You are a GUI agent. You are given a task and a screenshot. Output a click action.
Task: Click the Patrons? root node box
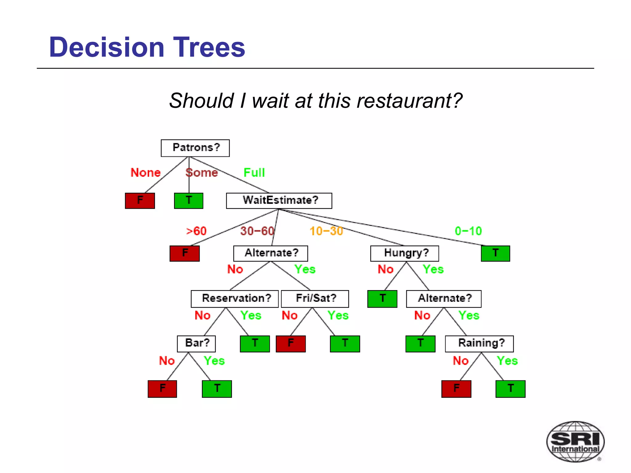pos(195,148)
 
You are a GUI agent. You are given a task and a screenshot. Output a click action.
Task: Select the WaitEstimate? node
pos(279,200)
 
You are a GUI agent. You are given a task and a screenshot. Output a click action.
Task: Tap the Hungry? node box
pos(404,253)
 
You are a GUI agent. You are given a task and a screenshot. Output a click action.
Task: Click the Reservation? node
pos(234,298)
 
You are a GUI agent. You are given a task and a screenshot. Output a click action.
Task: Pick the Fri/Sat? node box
pos(315,298)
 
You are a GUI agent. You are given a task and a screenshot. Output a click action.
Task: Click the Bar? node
pos(196,343)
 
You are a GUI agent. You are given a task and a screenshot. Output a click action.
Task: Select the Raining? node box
pos(479,343)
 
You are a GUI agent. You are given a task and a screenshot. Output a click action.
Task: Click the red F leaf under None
pos(140,200)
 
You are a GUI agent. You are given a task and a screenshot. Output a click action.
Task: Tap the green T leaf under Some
pos(189,200)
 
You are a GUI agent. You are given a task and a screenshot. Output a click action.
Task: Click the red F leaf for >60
pos(185,253)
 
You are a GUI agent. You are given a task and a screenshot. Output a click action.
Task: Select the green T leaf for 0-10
pos(495,253)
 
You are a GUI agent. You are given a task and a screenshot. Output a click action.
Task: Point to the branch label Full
pos(254,172)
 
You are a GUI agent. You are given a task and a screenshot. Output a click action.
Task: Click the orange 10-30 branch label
pos(326,231)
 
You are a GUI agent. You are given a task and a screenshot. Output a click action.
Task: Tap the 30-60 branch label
pos(257,231)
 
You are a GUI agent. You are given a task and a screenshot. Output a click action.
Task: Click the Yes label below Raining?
pos(507,361)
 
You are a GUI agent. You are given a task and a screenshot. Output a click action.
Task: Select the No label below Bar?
pos(167,361)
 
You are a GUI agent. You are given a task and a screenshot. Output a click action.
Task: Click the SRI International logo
pos(575,442)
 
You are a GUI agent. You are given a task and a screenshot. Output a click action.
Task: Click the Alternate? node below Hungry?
pos(444,298)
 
